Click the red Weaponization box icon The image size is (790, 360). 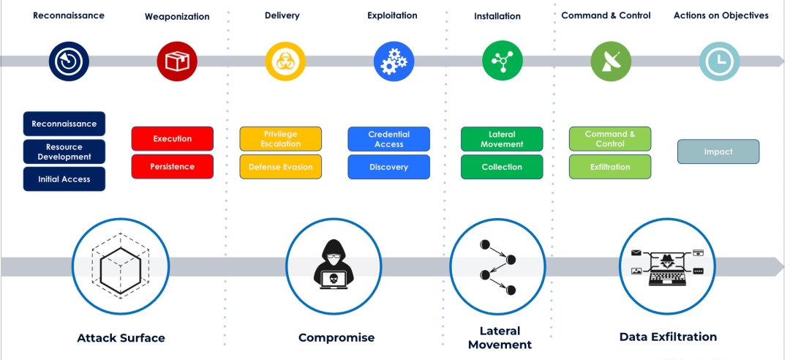coord(177,61)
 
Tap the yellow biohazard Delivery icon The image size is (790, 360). coord(285,61)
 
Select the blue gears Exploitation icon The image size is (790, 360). coord(394,61)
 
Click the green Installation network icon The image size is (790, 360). coord(503,61)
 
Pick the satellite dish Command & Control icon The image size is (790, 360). coord(611,61)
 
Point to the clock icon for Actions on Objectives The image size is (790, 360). coord(719,61)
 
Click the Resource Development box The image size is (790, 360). coord(64,151)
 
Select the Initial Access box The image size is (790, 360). coord(64,179)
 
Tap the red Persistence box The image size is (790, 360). coord(173,167)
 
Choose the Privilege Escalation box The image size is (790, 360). coord(281,139)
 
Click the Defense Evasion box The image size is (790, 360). coord(281,167)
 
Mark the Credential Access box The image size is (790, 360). coord(389,139)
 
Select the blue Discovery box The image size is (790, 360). coord(389,167)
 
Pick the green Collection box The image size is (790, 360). coord(502,167)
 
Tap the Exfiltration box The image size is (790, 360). coord(610,167)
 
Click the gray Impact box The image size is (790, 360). coord(718,151)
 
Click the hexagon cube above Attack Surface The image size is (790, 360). coord(121,263)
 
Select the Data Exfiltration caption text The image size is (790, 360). coord(668,337)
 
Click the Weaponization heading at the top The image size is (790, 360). coord(177,16)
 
